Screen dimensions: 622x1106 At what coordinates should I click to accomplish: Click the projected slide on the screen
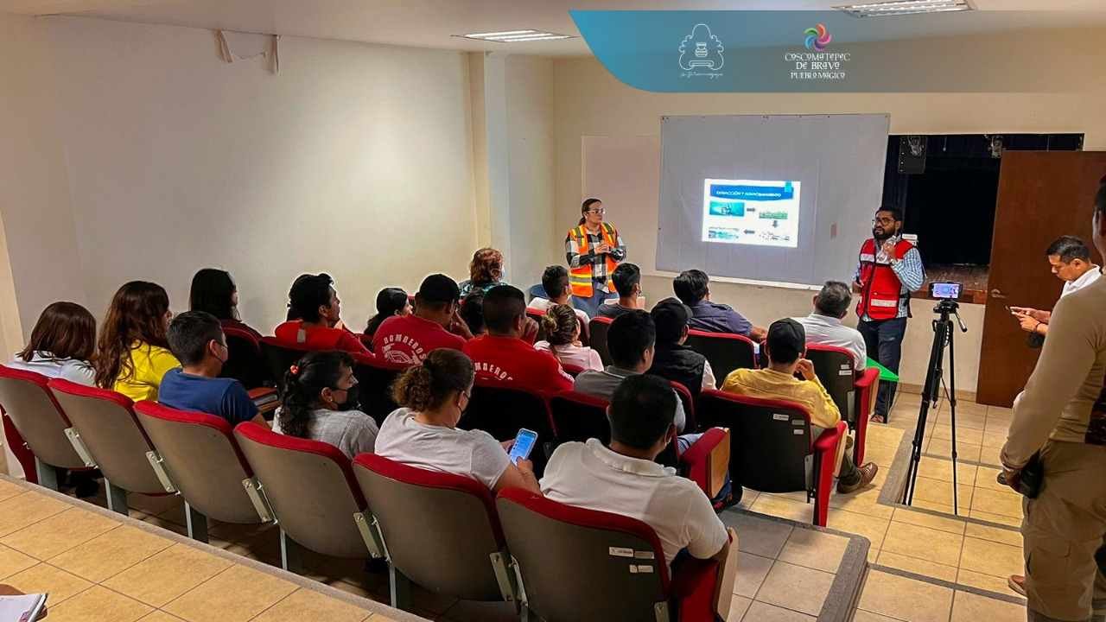tap(750, 213)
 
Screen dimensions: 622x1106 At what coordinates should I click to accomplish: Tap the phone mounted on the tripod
tap(945, 290)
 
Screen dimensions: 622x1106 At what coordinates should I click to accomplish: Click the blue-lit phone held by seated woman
tap(522, 445)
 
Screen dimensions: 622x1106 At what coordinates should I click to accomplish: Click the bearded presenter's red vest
tap(883, 278)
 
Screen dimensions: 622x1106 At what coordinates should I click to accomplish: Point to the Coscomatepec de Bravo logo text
tap(817, 65)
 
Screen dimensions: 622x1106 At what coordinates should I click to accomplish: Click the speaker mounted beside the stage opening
tap(912, 154)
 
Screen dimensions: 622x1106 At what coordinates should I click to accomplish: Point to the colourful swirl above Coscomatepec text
tap(817, 36)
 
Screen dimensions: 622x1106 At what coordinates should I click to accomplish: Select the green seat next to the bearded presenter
tap(882, 370)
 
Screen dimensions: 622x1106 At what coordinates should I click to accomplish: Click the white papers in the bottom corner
tap(21, 606)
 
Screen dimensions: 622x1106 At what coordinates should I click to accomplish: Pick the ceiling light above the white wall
tap(513, 36)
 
